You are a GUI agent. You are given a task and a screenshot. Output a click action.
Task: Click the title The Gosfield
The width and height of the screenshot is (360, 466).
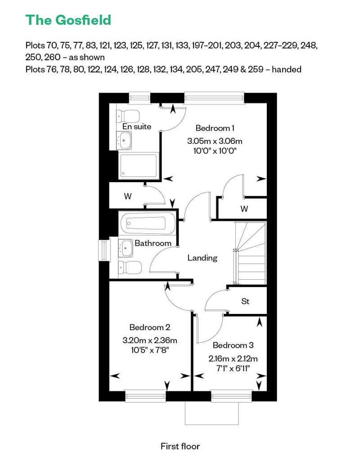pos(68,20)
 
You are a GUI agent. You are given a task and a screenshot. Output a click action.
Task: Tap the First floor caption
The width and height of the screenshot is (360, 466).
pos(180,446)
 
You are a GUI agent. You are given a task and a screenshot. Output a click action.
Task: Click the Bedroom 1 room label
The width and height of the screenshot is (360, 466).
pos(215,128)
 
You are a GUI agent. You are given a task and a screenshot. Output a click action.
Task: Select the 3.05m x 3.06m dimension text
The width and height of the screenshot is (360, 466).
pos(215,141)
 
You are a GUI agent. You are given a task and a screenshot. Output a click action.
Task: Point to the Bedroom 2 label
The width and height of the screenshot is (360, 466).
pos(150,327)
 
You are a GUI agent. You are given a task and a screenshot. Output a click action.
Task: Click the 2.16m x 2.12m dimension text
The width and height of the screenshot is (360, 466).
pos(233,358)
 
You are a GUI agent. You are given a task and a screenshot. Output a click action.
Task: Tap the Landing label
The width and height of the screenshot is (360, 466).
pos(202,258)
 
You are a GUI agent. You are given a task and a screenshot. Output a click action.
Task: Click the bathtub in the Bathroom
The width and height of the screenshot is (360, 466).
pos(147,223)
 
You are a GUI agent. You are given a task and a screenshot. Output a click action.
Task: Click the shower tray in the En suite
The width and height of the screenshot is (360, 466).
pos(139,166)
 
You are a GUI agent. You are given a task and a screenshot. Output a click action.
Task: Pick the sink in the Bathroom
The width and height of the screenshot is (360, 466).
pos(126,247)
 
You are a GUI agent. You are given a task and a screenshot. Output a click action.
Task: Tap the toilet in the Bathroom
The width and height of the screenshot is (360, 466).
pos(130,268)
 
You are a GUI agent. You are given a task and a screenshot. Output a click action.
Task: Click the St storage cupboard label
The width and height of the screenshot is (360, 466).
pos(245,301)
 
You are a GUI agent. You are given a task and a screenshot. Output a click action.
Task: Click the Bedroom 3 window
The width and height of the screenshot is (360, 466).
pos(232,396)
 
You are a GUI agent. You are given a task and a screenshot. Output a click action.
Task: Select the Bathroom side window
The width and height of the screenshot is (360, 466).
pos(104,251)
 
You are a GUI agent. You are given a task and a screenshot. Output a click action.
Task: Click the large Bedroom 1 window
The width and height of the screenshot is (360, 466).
pos(214,98)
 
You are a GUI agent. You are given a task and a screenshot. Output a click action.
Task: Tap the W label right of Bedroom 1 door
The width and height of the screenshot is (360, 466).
pos(244,209)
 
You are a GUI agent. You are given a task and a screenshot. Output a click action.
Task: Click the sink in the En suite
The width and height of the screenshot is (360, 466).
pos(124,140)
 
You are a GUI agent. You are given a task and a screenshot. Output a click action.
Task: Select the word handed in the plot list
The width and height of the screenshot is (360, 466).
pos(287,69)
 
